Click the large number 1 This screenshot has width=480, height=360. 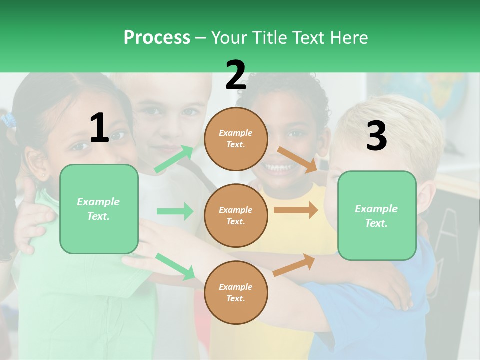pos(99,128)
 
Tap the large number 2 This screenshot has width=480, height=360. pos(236,75)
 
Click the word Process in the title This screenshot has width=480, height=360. pos(157,37)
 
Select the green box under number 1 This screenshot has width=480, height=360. pos(99,209)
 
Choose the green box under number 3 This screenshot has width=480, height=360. pos(377,215)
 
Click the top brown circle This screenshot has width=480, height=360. pos(236,139)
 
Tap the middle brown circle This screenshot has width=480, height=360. pos(236,215)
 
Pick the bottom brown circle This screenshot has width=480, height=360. pos(236,292)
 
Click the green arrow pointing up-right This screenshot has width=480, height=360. pos(174,159)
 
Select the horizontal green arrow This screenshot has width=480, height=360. pos(175,211)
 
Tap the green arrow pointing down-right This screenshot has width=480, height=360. pos(175,266)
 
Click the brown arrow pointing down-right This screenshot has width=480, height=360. pos(297,159)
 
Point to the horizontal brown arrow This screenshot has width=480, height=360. pos(295,210)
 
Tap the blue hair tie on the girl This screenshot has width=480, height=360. pos(8,120)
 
